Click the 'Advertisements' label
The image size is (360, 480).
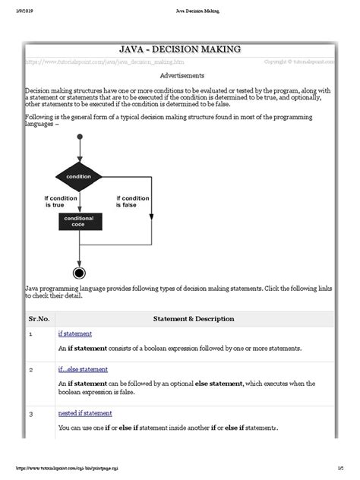[182, 76]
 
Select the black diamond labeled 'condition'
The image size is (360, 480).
[78, 177]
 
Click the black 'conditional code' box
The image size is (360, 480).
[78, 222]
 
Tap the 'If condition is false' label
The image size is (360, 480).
[133, 202]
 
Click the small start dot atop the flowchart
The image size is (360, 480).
[78, 137]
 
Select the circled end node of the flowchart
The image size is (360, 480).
[78, 273]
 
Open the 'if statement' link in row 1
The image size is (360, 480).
[74, 333]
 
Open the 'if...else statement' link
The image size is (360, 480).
[83, 369]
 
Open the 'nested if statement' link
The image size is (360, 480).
[85, 413]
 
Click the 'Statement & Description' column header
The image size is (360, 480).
[194, 319]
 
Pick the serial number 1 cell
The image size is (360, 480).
[30, 334]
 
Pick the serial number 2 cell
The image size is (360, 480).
[30, 370]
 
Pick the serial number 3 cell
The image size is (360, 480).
[30, 414]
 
